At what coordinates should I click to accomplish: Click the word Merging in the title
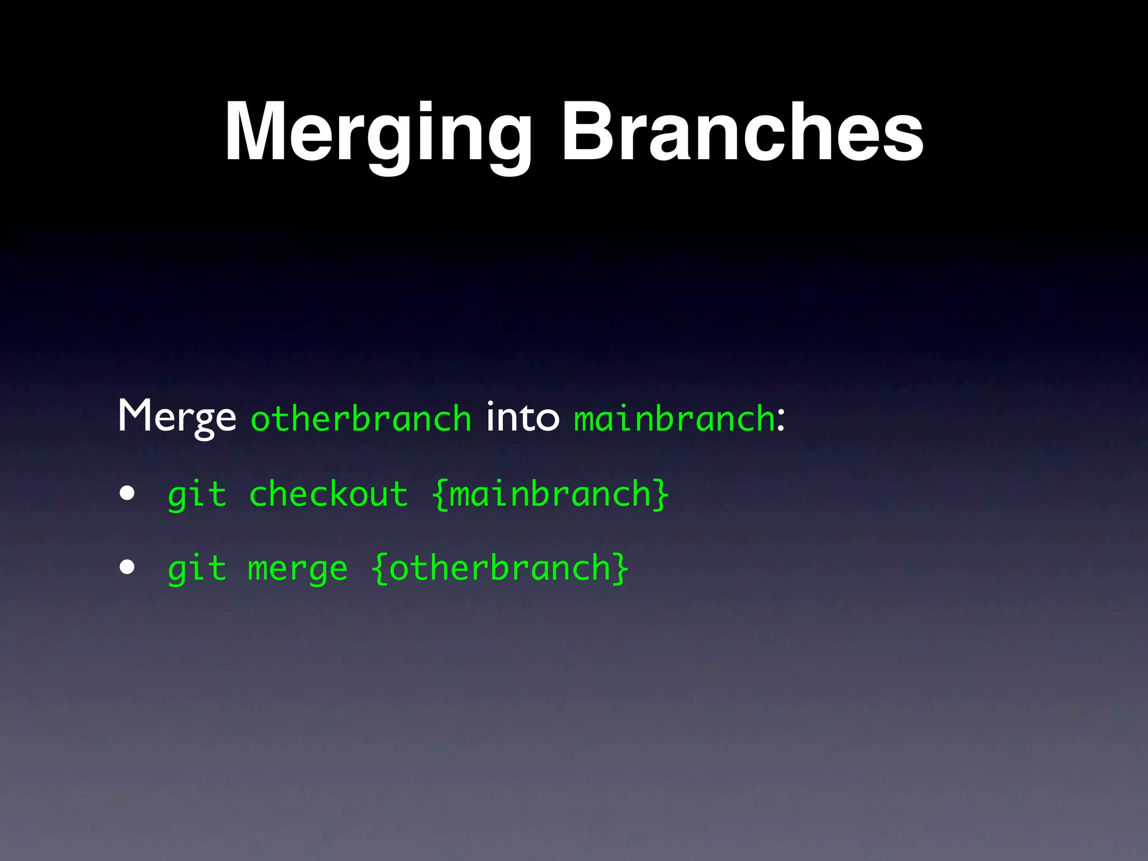pos(378,135)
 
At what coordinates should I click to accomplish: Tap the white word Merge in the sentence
pos(177,417)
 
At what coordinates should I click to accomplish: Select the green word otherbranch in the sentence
pos(361,419)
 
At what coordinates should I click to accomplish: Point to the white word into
pos(522,417)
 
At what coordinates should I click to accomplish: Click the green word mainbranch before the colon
pos(674,419)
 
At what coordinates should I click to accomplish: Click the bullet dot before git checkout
pos(127,493)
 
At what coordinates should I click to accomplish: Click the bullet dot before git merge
pos(127,567)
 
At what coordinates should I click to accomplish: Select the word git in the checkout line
pos(197,496)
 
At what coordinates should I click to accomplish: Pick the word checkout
pos(328,494)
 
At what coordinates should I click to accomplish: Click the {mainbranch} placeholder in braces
pos(550,494)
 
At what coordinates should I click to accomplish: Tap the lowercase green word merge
pos(298,571)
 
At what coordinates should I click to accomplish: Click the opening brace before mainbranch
pos(440,494)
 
